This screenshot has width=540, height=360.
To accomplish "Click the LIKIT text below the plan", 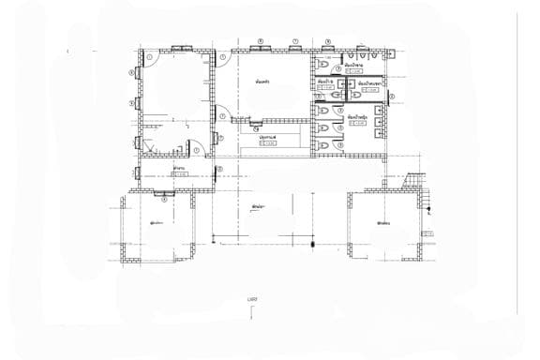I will [x=252, y=299].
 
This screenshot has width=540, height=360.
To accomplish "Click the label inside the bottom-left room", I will [x=157, y=223].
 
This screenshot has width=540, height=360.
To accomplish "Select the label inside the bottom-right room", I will [x=382, y=223].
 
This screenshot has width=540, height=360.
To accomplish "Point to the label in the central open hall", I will [x=255, y=205].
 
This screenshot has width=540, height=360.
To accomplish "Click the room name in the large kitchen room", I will [x=263, y=82].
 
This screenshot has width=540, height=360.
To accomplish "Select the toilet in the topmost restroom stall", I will [x=322, y=67].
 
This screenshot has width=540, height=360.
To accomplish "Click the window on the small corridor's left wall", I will [x=140, y=172].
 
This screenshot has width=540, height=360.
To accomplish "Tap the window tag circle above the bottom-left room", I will [x=165, y=198].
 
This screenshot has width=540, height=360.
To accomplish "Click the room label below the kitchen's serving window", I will [x=268, y=138].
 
